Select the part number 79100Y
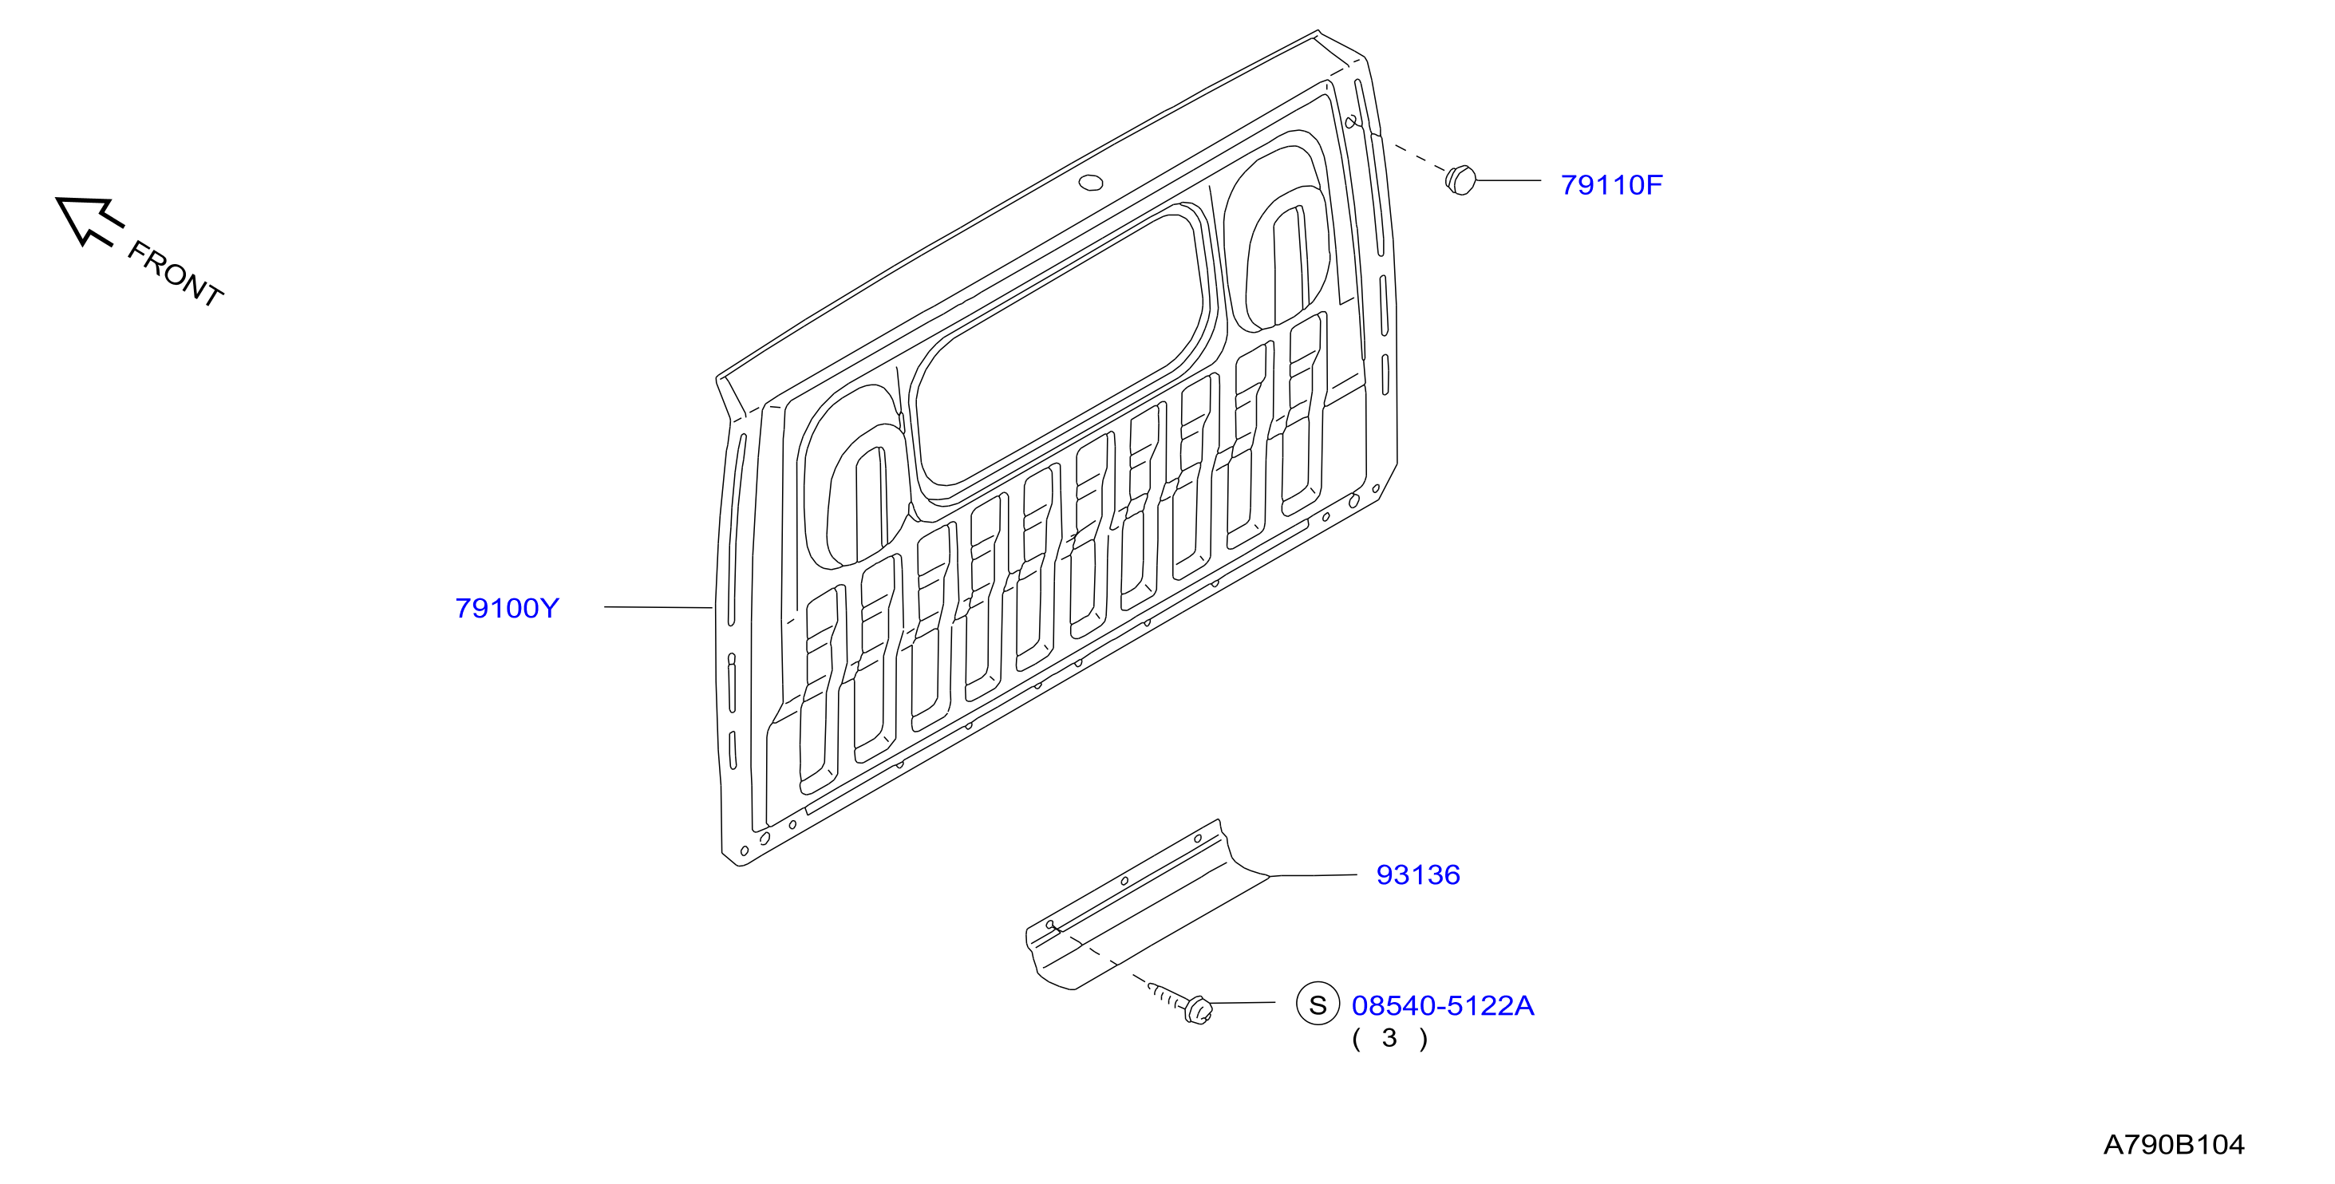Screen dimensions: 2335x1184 [507, 608]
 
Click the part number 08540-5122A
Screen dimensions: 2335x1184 [1442, 1005]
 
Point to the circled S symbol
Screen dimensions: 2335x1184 [1318, 1004]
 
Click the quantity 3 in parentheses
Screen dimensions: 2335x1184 [1389, 1039]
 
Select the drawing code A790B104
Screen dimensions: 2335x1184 [2174, 1145]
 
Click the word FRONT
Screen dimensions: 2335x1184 [175, 274]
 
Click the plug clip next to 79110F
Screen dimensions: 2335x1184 [1460, 180]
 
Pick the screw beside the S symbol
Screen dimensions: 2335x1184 [1182, 1003]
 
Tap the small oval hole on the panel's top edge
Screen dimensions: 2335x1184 [1090, 184]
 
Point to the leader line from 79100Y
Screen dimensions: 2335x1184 [658, 607]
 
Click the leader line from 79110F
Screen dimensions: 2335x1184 [1508, 180]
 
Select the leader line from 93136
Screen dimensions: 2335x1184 [1314, 876]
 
